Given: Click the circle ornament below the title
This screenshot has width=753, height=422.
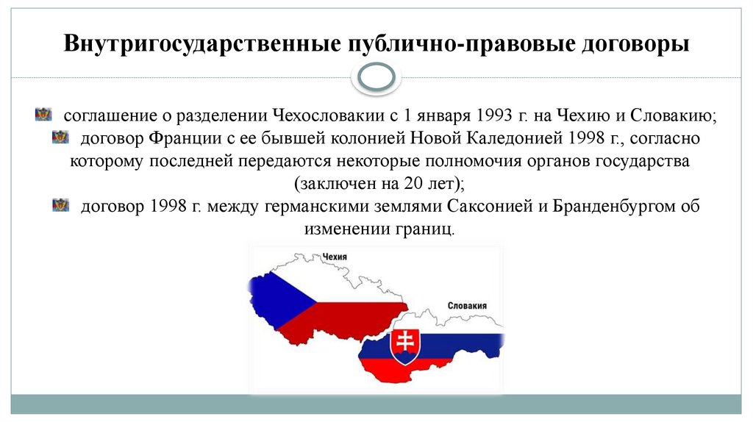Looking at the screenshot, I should click(x=376, y=78).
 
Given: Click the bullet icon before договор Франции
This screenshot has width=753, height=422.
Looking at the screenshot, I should click(x=60, y=136).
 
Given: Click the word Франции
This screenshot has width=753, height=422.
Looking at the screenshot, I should click(x=181, y=138).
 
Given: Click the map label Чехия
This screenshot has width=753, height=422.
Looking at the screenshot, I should click(x=335, y=257).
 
